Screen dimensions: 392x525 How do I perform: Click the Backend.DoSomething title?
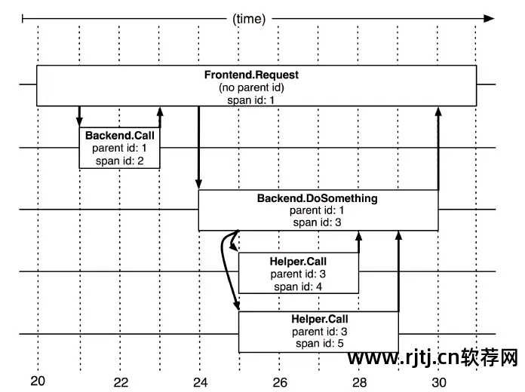317,199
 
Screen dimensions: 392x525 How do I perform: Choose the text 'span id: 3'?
317,222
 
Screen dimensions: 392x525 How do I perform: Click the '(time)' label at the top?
249,19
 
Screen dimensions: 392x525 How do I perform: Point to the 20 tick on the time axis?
38,381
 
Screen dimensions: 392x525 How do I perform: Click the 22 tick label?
121,381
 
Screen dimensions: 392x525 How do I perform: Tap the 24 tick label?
200,381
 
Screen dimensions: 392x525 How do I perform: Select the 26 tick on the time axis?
280,381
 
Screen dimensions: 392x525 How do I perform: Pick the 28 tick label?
360,381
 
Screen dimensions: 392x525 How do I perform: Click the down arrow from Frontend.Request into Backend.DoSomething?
198,148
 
